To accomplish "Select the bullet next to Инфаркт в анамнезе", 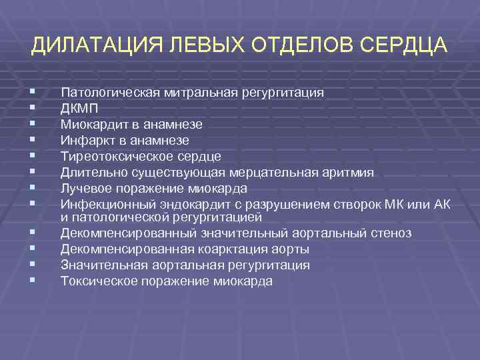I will (x=33, y=141).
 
